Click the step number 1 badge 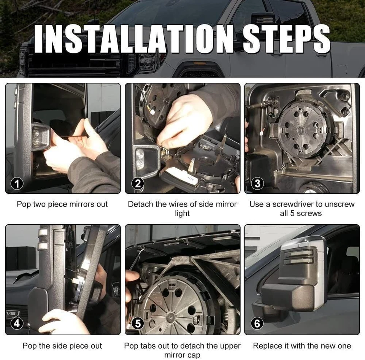[x=16, y=184]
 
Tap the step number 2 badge [x=137, y=184]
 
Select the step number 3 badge [x=257, y=184]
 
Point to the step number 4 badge [x=16, y=324]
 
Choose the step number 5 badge [x=137, y=324]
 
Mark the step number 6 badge [x=257, y=324]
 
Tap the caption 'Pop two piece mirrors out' [x=62, y=204]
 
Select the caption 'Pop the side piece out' [x=62, y=346]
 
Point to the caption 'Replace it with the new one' [x=302, y=346]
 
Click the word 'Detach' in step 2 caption [x=141, y=204]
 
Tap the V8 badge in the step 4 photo [x=12, y=314]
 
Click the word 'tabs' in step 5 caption [x=150, y=346]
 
